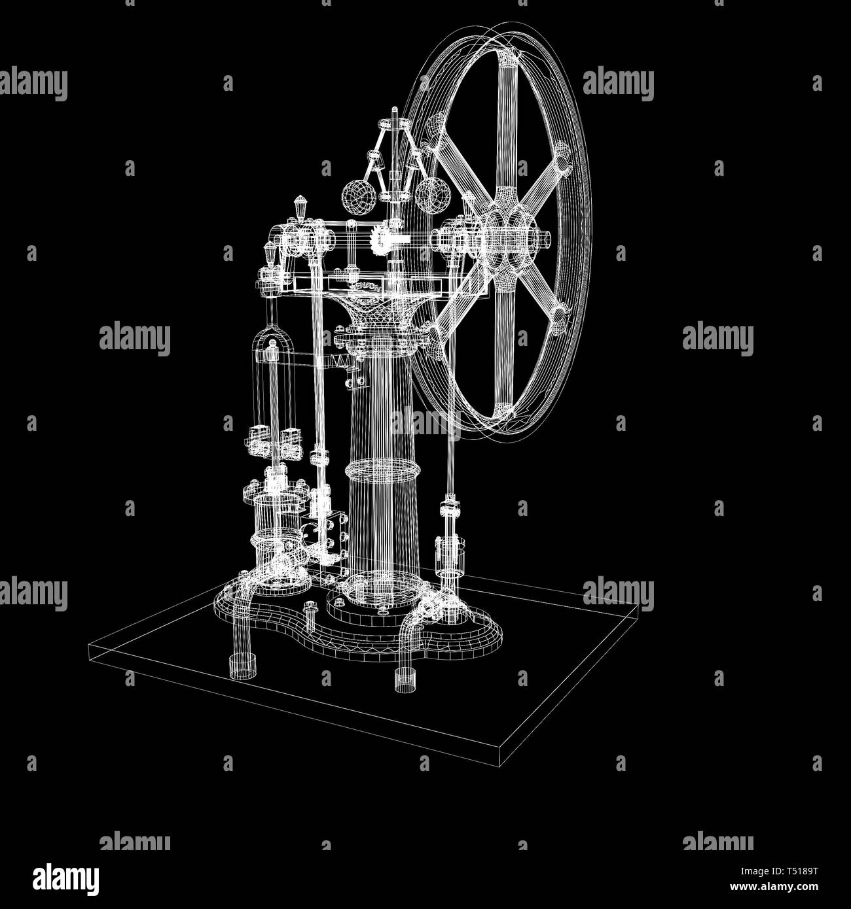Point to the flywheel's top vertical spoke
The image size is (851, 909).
coord(508,129)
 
